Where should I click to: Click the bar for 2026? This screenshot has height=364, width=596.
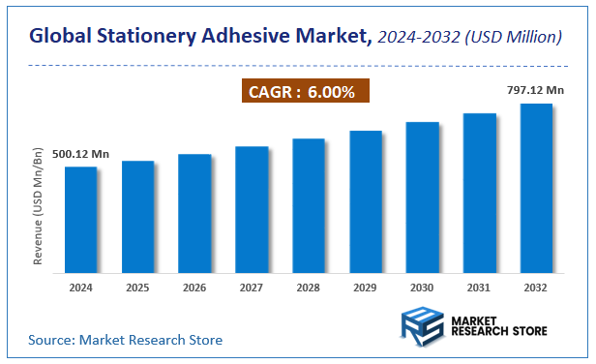pyautogui.click(x=194, y=213)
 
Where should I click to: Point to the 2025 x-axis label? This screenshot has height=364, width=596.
pyautogui.click(x=137, y=288)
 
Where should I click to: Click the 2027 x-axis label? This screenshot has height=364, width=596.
pyautogui.click(x=252, y=288)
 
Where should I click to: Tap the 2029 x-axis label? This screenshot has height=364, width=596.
pyautogui.click(x=366, y=288)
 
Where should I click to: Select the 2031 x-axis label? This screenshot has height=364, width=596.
pyautogui.click(x=479, y=288)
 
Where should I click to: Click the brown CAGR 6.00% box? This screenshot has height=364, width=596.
pyautogui.click(x=304, y=92)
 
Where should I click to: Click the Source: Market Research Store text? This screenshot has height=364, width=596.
pyautogui.click(x=125, y=340)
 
